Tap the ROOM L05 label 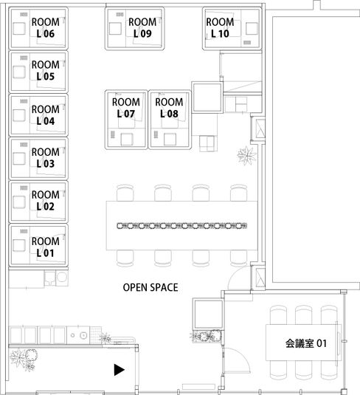pos(45,71)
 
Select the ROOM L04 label pos(45,115)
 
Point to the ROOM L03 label pos(45,158)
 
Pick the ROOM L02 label pos(45,201)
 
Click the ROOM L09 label pos(142,28)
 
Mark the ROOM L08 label pos(170,108)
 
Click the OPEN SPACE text pos(150,287)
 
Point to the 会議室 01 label pos(305,343)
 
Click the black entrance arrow pos(118,369)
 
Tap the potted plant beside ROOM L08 pos(244,154)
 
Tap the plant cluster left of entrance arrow pos(25,360)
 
